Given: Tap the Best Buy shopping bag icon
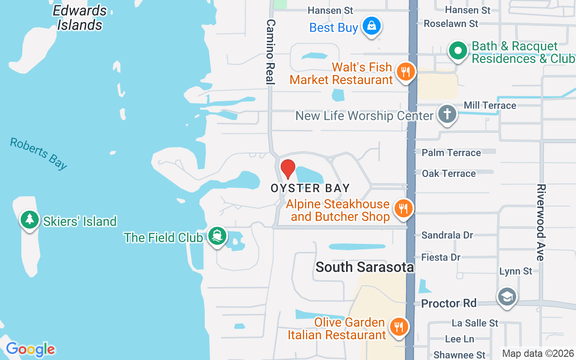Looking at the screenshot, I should click(x=371, y=26).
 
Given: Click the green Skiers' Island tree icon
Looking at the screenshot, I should click(x=30, y=220).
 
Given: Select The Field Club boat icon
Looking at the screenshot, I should click(x=217, y=236).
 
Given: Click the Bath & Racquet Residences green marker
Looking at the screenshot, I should click(x=458, y=51).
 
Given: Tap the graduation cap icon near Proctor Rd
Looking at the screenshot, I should click(x=507, y=297).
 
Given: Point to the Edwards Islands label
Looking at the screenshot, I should click(x=80, y=18).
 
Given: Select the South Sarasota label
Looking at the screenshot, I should click(x=364, y=267).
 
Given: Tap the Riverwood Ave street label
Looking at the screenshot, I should click(x=540, y=222).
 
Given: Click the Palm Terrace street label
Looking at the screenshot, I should click(x=451, y=153).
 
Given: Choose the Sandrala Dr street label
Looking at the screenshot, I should click(x=447, y=235).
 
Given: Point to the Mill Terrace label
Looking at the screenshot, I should click(x=490, y=105).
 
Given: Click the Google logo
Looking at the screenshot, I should click(x=31, y=349).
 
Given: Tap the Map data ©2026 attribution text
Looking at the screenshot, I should click(x=538, y=354).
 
